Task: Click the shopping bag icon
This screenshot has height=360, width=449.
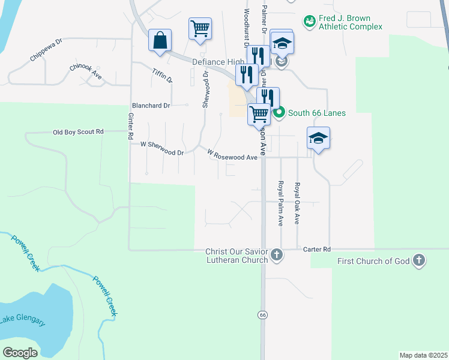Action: pos(160,40)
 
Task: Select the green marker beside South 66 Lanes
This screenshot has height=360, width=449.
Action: pos(279,113)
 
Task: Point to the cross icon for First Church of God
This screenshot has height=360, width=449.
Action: pos(419,260)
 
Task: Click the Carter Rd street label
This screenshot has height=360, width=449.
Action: pos(317,249)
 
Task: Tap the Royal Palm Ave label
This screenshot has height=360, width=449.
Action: pos(280,203)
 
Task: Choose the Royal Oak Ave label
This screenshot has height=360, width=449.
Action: pos(297,203)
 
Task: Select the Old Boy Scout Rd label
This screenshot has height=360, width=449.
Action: pos(78,132)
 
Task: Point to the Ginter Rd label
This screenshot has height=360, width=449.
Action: pos(130,127)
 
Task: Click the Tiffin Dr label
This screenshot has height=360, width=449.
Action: pos(163,76)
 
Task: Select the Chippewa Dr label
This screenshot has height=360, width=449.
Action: pos(46,50)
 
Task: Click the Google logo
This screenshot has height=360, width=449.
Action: pos(20,353)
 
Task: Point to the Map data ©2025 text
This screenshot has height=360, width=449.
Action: pos(423,355)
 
